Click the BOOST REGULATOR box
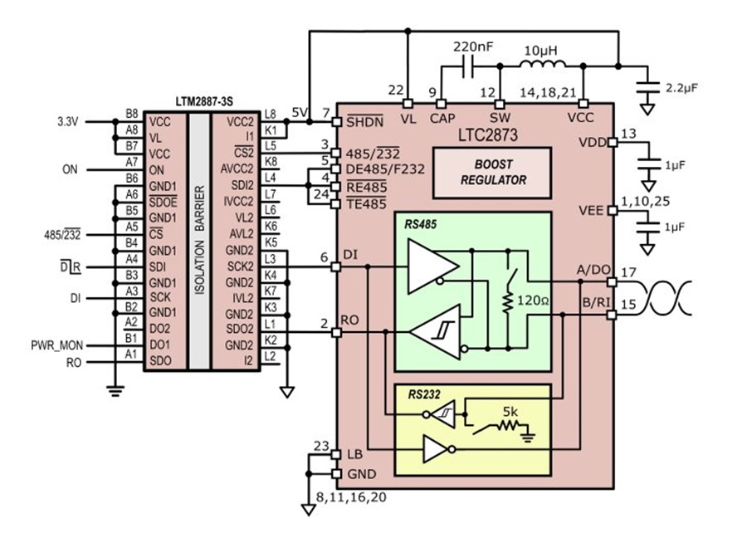click(492, 172)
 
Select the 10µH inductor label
click(540, 52)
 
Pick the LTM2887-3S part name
click(204, 100)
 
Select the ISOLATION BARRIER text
click(199, 241)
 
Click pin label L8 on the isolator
click(270, 114)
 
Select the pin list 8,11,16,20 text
click(352, 497)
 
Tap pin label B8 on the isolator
click(131, 114)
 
